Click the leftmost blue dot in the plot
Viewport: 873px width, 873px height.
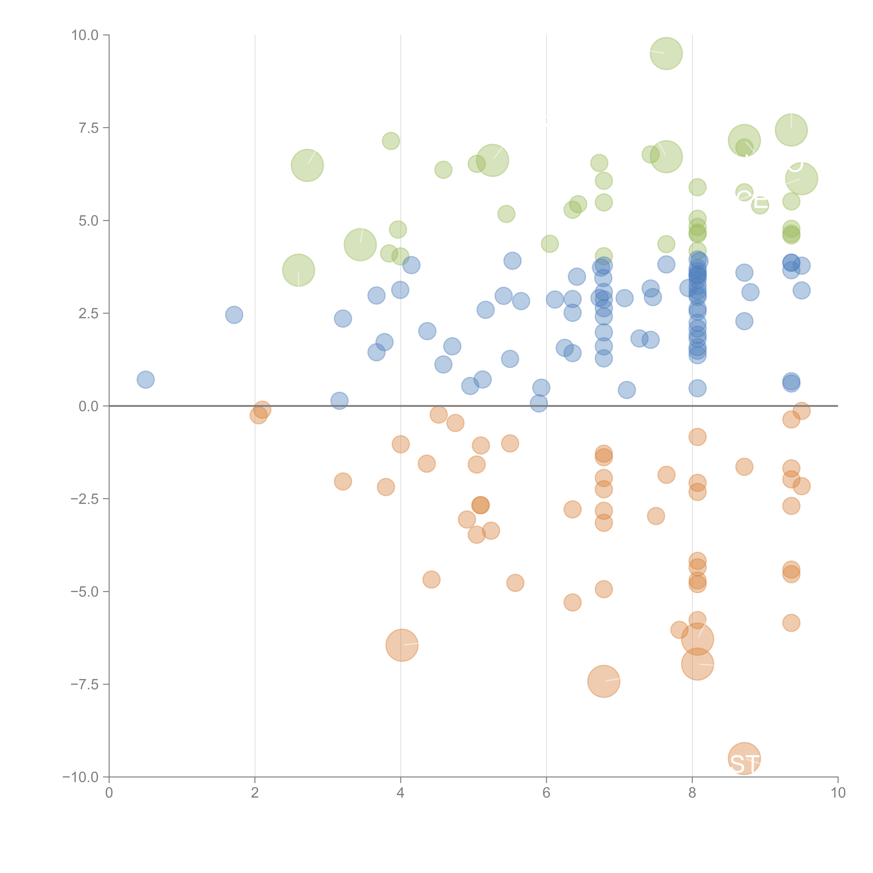pos(145,380)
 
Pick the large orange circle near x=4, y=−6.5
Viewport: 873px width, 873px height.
pos(402,645)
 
